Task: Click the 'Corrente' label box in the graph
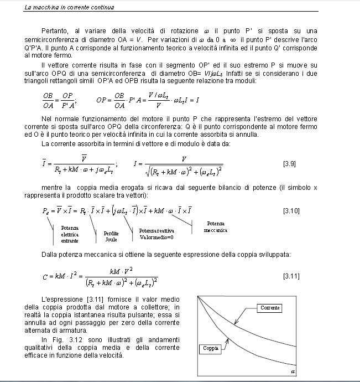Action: click(271, 308)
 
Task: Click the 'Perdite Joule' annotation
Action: click(111, 236)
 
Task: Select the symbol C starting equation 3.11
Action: click(45, 276)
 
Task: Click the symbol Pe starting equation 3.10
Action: click(46, 211)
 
